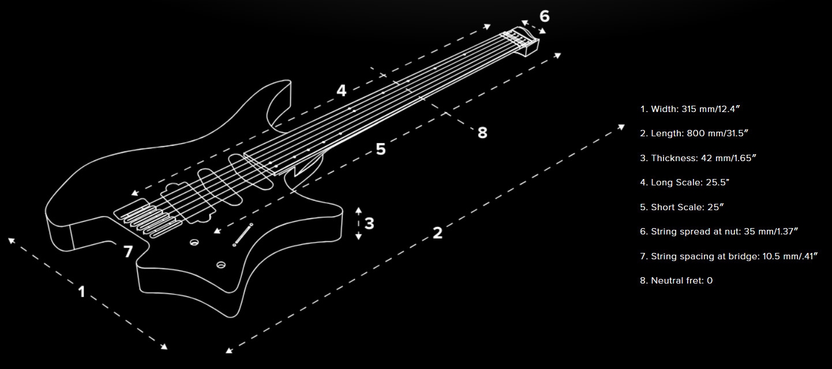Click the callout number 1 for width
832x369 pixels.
[81, 292]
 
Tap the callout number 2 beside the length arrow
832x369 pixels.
[437, 233]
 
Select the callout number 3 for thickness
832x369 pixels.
[369, 223]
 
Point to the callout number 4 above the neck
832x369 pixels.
[341, 91]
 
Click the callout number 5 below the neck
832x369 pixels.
[380, 149]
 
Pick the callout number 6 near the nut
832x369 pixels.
[544, 16]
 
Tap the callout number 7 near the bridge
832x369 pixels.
[128, 252]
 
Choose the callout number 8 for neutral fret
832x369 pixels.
[482, 133]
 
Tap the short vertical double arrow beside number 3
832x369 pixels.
[358, 223]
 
